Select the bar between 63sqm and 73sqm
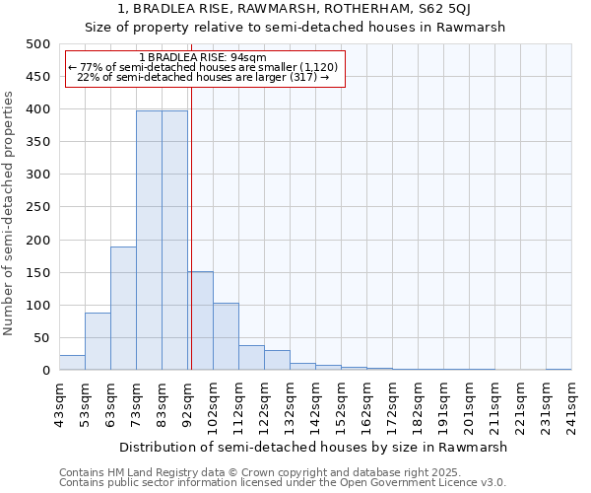coord(123,308)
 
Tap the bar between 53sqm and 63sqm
coord(98,341)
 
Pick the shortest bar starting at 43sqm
coord(72,362)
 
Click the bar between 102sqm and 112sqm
coord(226,336)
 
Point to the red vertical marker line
coord(191,246)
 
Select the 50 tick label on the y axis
coord(41,338)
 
